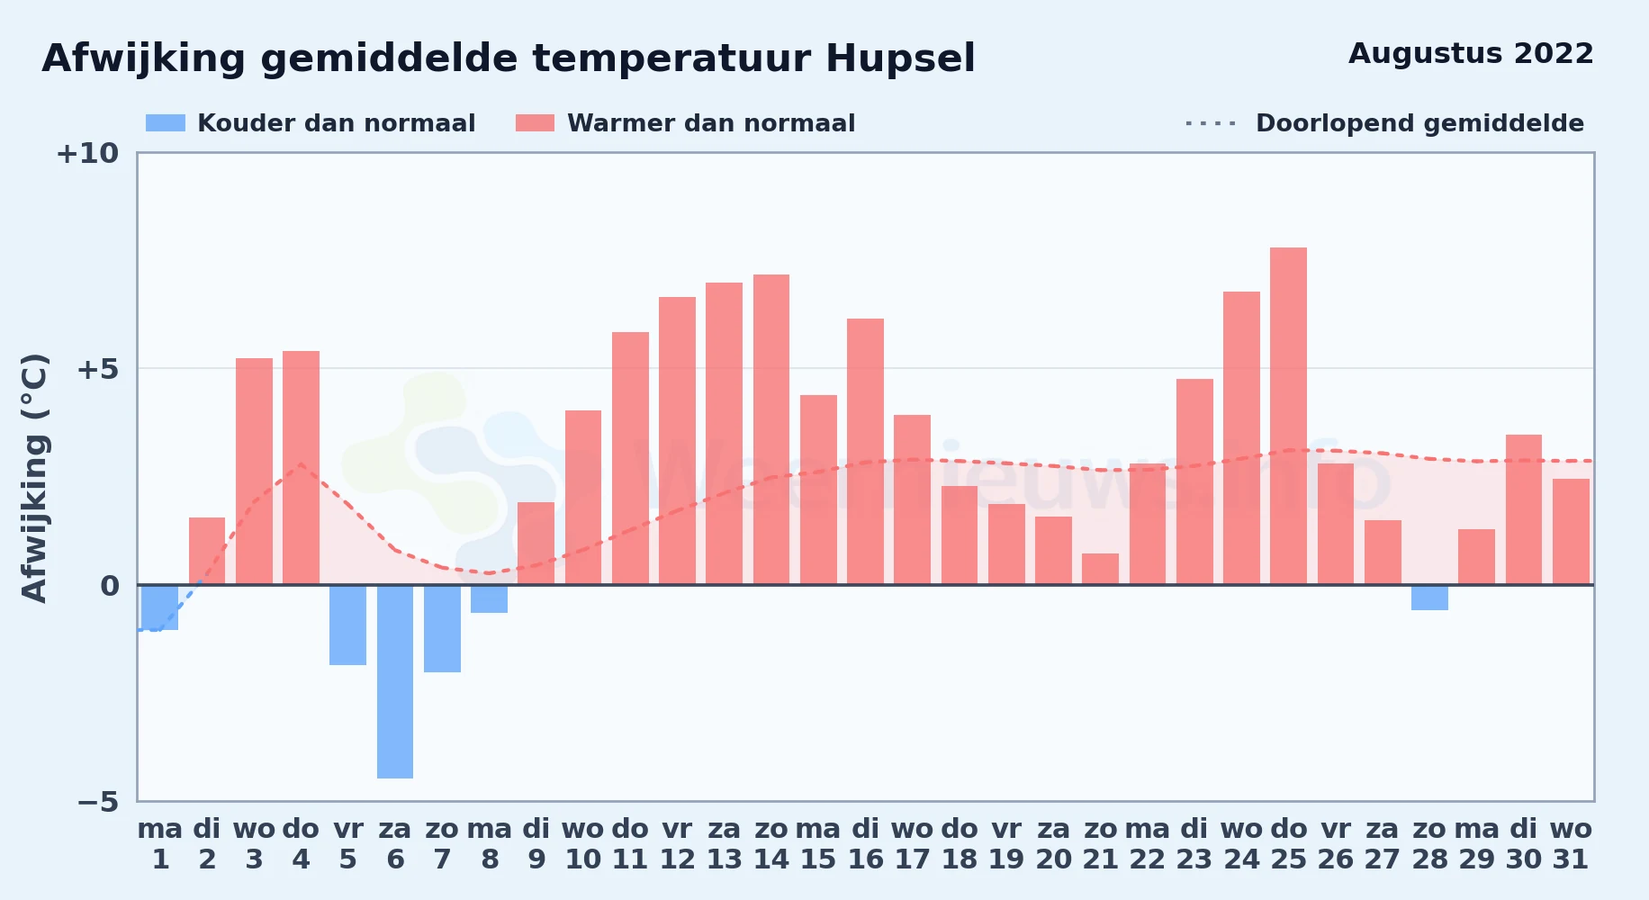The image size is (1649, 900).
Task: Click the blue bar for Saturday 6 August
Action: [395, 681]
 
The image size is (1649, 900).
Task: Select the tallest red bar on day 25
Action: [1288, 416]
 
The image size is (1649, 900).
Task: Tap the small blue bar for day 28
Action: [1429, 598]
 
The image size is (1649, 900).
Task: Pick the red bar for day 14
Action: [771, 429]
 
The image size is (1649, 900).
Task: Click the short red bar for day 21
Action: [1100, 569]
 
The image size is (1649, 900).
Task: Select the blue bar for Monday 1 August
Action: [160, 607]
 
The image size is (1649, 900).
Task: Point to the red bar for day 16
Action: [865, 452]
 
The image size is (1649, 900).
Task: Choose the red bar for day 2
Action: [207, 551]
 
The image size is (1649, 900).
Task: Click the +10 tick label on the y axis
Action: [87, 153]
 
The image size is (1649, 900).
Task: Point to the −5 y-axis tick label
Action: [97, 802]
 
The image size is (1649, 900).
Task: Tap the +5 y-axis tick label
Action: [97, 369]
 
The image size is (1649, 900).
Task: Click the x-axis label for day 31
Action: [1571, 844]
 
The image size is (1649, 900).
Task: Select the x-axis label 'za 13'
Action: [725, 844]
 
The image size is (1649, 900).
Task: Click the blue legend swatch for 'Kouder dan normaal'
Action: [166, 123]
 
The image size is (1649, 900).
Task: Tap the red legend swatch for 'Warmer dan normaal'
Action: [535, 123]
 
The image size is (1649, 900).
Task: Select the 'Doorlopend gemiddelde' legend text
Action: [1419, 123]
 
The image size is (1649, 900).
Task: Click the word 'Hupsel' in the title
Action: [900, 59]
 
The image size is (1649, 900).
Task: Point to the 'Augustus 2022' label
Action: [1471, 54]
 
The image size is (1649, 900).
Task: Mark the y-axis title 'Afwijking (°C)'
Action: [34, 478]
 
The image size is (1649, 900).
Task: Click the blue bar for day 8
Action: [489, 599]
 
